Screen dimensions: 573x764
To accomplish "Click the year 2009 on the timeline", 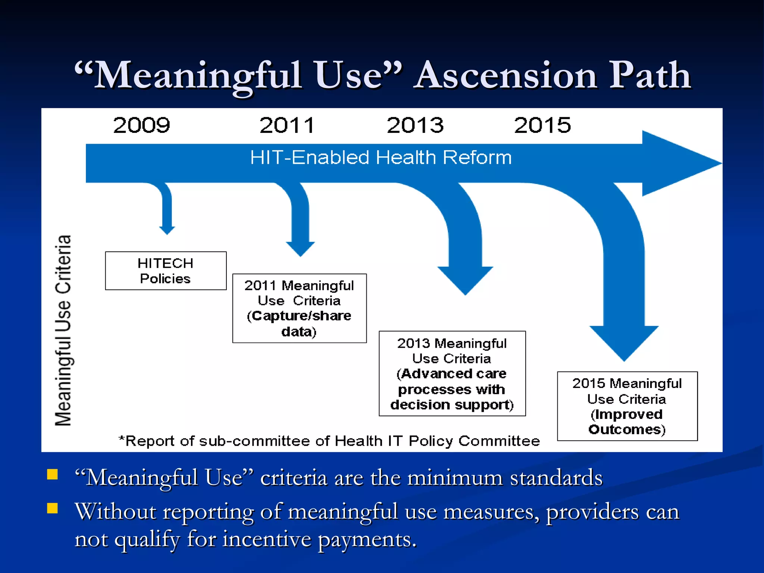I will (x=141, y=125).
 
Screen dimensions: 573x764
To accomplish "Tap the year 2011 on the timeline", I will (x=286, y=125).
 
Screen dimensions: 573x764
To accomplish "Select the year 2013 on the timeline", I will (x=415, y=125).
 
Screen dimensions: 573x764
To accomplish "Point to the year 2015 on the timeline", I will (x=542, y=125).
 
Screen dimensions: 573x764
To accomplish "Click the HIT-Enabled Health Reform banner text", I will (x=381, y=157).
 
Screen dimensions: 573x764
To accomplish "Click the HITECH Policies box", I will (x=166, y=271).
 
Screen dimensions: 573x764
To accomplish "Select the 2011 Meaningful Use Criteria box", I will (x=299, y=308).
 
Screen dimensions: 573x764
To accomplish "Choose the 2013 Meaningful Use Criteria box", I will (x=452, y=373).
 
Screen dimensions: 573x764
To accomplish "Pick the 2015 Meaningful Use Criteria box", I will (x=627, y=406).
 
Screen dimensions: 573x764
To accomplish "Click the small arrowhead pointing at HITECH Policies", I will (x=167, y=230).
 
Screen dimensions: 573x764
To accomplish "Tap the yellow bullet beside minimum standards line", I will (x=52, y=474).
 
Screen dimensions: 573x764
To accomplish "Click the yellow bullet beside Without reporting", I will (x=52, y=508).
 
